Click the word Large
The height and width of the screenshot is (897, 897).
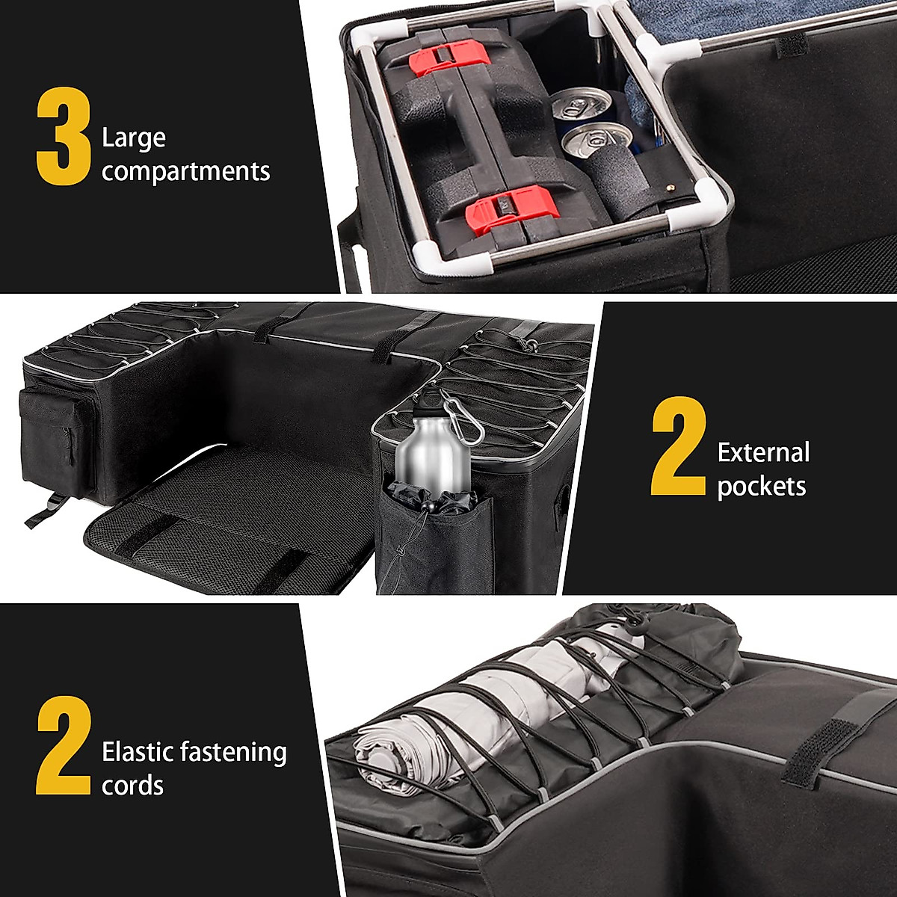pos(134,138)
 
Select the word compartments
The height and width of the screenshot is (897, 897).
pos(185,172)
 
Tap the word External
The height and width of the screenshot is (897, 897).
pos(763,452)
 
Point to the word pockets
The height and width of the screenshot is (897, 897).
pos(761,486)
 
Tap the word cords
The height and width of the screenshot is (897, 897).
pos(132,785)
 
